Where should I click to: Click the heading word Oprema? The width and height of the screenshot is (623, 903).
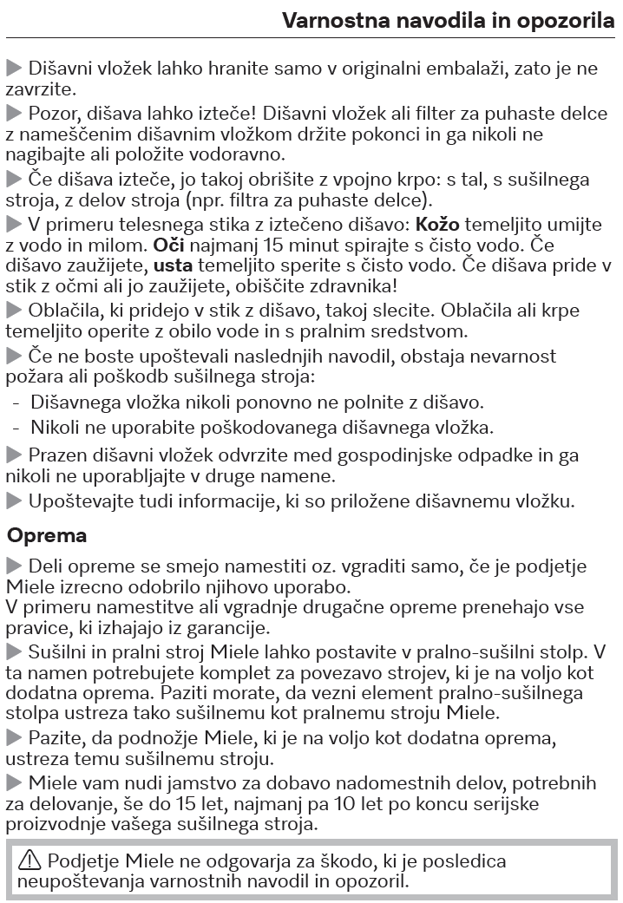pyautogui.click(x=47, y=535)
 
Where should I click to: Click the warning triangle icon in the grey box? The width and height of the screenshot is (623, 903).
pyautogui.click(x=30, y=861)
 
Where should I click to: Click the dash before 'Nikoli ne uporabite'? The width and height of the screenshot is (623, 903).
pyautogui.click(x=16, y=427)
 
